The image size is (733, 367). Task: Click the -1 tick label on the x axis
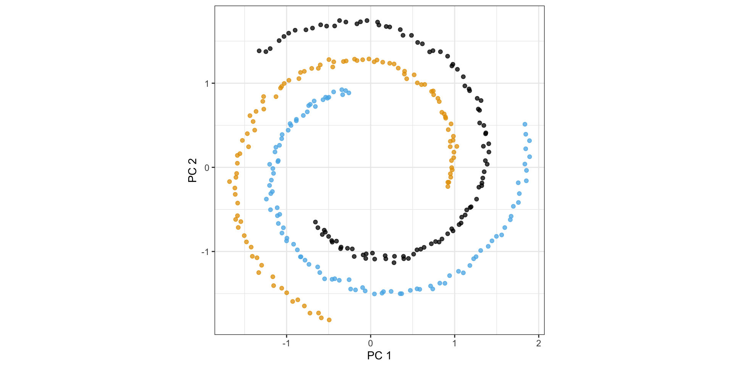286,343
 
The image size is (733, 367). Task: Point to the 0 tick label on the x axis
370,343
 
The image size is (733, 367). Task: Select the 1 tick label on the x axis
454,343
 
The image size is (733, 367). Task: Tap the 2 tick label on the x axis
538,343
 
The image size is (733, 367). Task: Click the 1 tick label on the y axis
207,83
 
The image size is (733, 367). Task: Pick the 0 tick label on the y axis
207,167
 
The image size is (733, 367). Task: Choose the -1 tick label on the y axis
205,252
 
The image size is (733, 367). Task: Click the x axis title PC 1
379,356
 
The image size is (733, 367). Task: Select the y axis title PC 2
193,170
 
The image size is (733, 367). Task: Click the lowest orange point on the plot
329,320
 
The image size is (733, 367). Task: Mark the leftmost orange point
229,182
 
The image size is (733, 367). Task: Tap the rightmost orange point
457,146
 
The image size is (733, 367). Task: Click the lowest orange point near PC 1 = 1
448,187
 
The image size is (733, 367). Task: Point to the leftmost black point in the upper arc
259,51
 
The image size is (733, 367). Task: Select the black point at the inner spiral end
315,222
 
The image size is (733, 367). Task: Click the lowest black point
394,263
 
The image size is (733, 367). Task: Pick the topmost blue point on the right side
525,124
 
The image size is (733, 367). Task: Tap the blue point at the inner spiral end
349,93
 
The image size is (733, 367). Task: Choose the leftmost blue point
266,199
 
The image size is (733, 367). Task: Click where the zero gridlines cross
370,167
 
